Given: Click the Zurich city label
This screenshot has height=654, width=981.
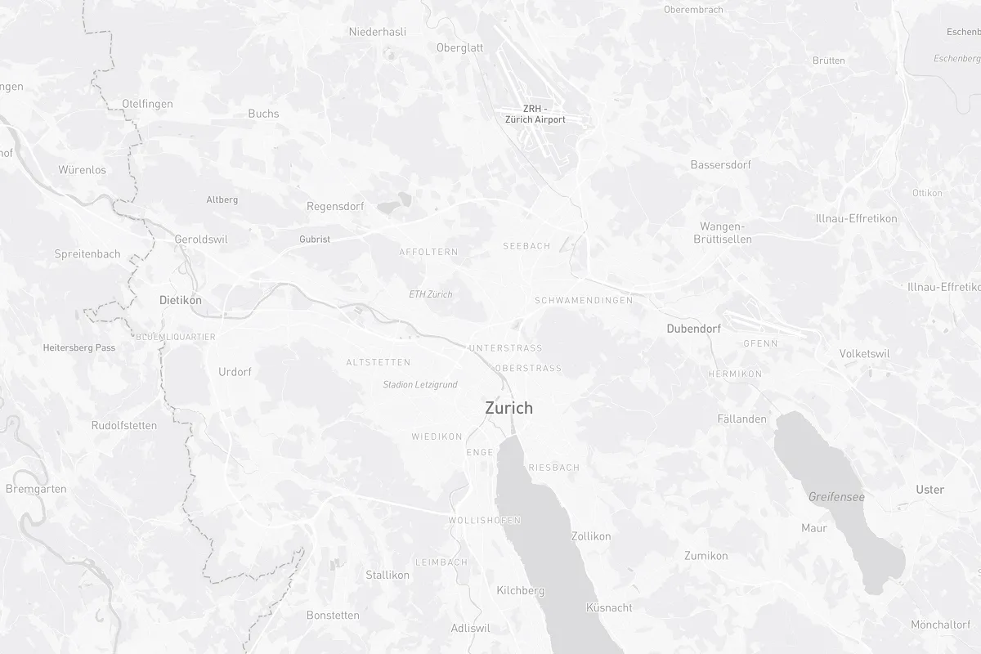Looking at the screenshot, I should [x=508, y=408].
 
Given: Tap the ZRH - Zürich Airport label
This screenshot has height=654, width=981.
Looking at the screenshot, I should [x=535, y=114].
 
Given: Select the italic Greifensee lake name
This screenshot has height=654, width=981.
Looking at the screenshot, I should [x=836, y=496].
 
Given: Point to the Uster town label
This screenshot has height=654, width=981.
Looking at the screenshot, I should [x=930, y=490].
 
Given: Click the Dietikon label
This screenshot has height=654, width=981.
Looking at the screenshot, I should [x=180, y=300].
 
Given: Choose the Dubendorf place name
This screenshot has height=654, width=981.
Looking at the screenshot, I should [x=693, y=329].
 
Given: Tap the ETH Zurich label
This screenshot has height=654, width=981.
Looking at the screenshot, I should [x=430, y=294].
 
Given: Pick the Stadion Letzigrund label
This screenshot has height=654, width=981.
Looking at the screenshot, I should [x=419, y=384].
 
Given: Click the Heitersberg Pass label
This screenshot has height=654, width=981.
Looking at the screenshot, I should [x=79, y=347].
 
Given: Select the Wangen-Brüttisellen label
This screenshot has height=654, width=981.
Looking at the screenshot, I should [x=722, y=233].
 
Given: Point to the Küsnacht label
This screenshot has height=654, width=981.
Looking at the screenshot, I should [x=609, y=607].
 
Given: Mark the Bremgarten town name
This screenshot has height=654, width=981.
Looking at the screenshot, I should [x=36, y=489].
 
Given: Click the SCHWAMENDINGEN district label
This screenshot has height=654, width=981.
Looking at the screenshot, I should [x=583, y=300].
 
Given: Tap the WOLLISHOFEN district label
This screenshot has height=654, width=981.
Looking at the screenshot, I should [x=484, y=520].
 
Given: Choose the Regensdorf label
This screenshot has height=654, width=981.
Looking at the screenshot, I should [x=335, y=206].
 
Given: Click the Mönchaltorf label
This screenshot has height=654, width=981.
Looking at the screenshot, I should [x=940, y=625].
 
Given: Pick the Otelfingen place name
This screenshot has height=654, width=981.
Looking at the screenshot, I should [x=147, y=104].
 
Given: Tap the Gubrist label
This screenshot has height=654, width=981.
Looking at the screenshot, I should [x=315, y=240].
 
